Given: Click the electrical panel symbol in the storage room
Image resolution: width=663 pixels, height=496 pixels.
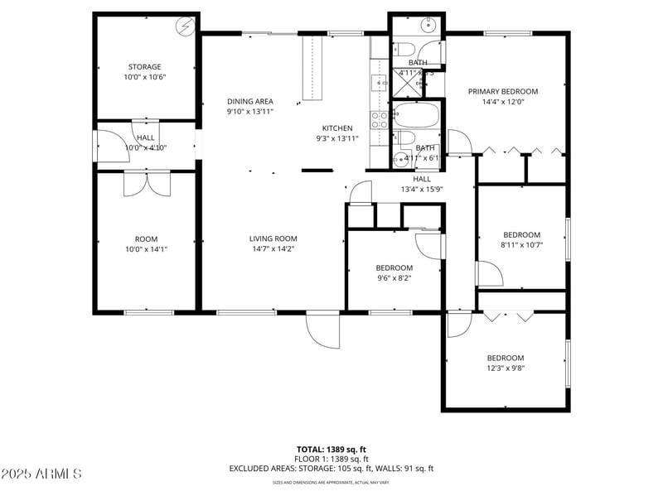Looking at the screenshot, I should tap(185, 26).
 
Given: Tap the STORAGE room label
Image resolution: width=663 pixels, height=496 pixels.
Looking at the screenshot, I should tap(144, 67).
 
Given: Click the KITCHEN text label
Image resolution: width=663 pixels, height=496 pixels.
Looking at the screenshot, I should tap(337, 128).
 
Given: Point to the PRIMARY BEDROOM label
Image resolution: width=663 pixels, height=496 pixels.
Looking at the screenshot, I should tap(503, 92).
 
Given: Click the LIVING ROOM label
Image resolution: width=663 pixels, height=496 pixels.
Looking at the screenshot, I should tap(273, 239).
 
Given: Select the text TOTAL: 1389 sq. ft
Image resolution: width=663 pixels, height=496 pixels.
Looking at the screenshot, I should tap(331, 449).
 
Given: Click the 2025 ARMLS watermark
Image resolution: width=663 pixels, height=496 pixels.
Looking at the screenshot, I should tap(41, 474).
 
